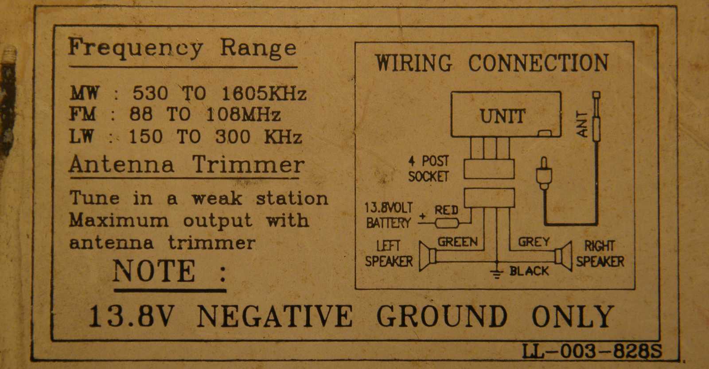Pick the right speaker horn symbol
tap(563, 256)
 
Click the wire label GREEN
tap(457, 242)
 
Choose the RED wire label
tap(446, 210)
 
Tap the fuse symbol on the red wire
tap(447, 223)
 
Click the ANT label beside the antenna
tap(582, 124)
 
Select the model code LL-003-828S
tap(592, 351)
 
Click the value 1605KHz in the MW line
tap(264, 93)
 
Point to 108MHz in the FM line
tap(243, 114)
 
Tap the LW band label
tap(82, 137)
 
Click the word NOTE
tap(154, 271)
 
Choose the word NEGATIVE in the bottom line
tap(275, 316)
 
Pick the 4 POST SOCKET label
tap(429, 169)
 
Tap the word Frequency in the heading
tap(136, 48)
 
